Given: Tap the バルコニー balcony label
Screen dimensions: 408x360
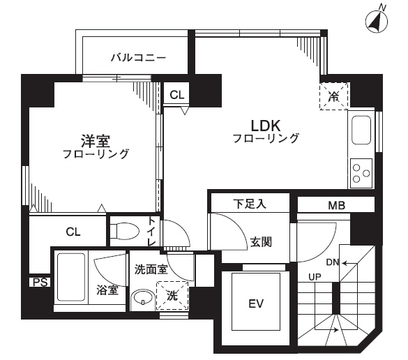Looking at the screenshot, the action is pyautogui.click(x=138, y=57).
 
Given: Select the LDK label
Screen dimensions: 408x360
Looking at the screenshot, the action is pyautogui.click(x=266, y=126).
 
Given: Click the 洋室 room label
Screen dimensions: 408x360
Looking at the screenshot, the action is pyautogui.click(x=96, y=141).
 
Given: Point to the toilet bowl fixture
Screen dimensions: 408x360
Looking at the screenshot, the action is pyautogui.click(x=125, y=231).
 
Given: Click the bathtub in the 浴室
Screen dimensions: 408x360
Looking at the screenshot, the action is pyautogui.click(x=71, y=277).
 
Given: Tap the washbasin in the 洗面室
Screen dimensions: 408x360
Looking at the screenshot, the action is pyautogui.click(x=142, y=299).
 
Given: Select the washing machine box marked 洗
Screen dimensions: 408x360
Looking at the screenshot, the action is pyautogui.click(x=172, y=296).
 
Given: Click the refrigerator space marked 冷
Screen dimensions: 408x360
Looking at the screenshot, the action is pyautogui.click(x=334, y=96).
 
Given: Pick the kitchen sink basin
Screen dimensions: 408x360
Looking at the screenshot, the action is pyautogui.click(x=361, y=130).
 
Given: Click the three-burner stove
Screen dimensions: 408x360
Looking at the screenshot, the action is pyautogui.click(x=361, y=173).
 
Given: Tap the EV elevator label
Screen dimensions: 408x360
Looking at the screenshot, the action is pyautogui.click(x=256, y=303).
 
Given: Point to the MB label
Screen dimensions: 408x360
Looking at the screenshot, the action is pyautogui.click(x=336, y=206).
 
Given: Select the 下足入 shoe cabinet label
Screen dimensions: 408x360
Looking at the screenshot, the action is pyautogui.click(x=250, y=204).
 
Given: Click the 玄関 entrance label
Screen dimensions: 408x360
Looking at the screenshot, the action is pyautogui.click(x=261, y=242).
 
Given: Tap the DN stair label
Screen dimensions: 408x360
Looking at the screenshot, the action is pyautogui.click(x=333, y=262).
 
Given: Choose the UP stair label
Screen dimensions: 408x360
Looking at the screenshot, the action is pyautogui.click(x=315, y=277).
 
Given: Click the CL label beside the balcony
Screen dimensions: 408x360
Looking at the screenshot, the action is pyautogui.click(x=177, y=95).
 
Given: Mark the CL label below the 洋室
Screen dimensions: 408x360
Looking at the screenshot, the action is pyautogui.click(x=73, y=232).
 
